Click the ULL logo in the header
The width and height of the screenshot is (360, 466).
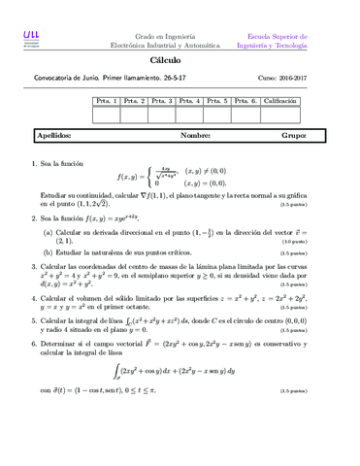point(31,36)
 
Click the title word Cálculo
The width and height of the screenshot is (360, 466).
point(180,60)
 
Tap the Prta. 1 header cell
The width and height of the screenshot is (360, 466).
point(106,101)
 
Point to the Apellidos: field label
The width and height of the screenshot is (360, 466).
point(55,137)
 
